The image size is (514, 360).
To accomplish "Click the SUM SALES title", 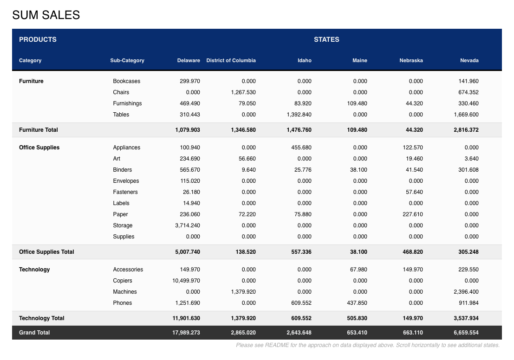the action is coord(46,15).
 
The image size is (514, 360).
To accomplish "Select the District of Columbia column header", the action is coord(231,60).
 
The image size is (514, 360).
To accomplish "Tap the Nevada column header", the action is coord(469,60).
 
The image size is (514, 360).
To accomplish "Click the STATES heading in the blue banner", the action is coord(326,39).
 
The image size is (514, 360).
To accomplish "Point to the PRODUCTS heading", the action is coord(38,39).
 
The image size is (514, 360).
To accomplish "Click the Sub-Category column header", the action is coord(127,60).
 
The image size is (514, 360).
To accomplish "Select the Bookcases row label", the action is coord(127,81).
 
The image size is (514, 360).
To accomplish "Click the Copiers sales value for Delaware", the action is coord(186,280).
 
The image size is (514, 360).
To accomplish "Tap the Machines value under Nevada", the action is coord(466,291).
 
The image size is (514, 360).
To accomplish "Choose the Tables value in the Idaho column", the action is coord(299,114).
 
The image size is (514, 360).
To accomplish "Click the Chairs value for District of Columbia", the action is coord(243,92).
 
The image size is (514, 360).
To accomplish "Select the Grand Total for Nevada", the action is coord(466,333).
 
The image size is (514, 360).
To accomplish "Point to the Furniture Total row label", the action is coord(39,130).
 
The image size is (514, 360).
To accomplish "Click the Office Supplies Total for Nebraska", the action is coord(413,251).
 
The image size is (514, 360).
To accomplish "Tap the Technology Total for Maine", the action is coord(357,318).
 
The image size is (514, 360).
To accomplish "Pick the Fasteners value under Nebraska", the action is coord(414,192).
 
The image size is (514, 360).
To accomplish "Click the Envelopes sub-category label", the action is coord(126,181).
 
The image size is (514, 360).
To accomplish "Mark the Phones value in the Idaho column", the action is coord(301,302).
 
